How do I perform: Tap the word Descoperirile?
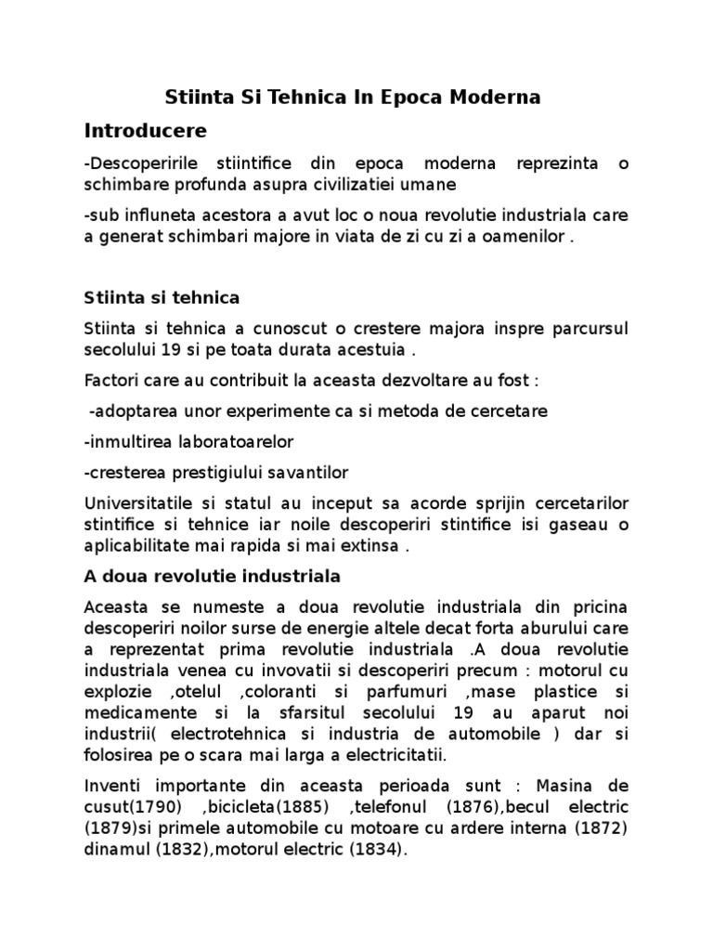[136, 164]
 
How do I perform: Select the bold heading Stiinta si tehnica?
[162, 298]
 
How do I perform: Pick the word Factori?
[110, 381]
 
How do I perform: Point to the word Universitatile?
[134, 503]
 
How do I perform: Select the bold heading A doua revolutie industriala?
[213, 577]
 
